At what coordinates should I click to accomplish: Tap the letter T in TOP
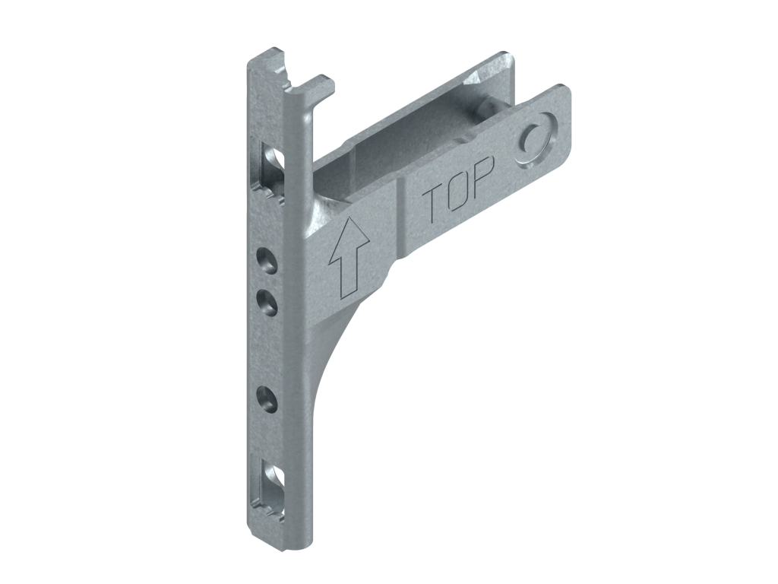(432, 205)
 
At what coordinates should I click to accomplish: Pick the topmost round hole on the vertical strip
(267, 260)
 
